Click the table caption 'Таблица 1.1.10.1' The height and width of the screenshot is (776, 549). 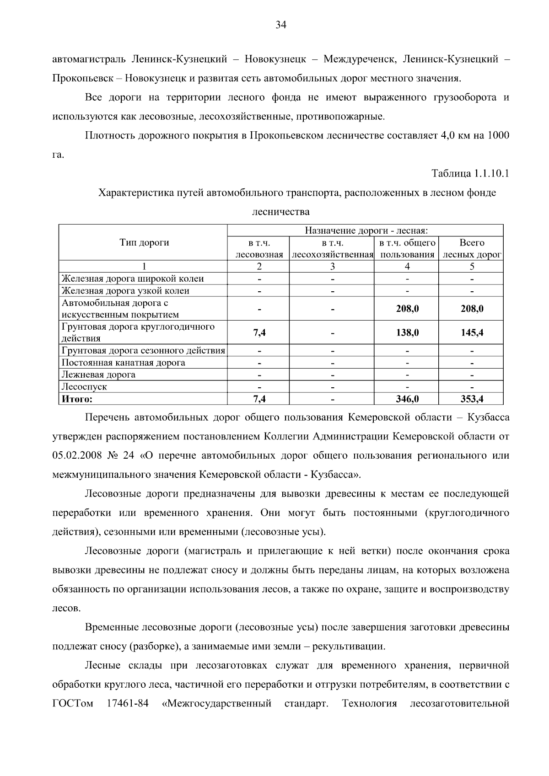pos(471,174)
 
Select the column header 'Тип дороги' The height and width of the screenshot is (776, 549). pos(144,243)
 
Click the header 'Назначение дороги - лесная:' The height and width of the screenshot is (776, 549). pos(366,231)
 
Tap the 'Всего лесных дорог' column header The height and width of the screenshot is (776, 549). pos(472,248)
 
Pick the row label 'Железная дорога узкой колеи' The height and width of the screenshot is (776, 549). pos(125,291)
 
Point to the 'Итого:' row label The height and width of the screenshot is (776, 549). pos(77,399)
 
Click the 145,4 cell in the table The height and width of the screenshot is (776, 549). pos(472,333)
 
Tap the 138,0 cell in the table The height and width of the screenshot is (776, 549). pos(407,333)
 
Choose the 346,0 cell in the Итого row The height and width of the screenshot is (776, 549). pos(407,399)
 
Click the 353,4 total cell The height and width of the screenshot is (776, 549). pos(472,399)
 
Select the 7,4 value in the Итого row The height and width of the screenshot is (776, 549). pos(259,399)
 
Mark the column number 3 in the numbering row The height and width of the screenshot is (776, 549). pos(333,267)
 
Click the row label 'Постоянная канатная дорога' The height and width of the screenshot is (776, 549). pos(124,363)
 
